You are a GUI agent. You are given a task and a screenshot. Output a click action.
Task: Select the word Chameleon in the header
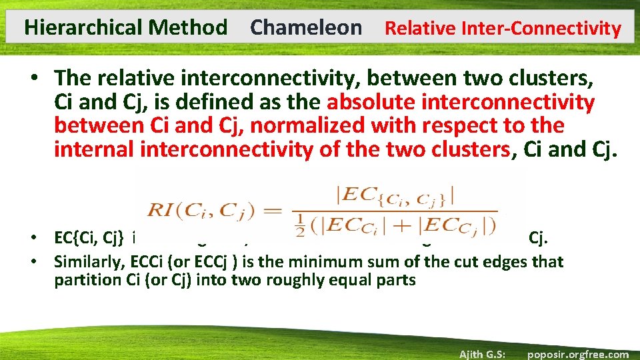pyautogui.click(x=306, y=28)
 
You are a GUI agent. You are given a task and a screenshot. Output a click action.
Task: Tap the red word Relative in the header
pyautogui.click(x=417, y=29)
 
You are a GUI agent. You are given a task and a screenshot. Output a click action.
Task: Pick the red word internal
pyautogui.click(x=94, y=149)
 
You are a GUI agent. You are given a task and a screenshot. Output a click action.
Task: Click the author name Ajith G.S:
pyautogui.click(x=485, y=354)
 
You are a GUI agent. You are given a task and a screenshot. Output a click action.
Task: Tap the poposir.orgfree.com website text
pyautogui.click(x=577, y=354)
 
